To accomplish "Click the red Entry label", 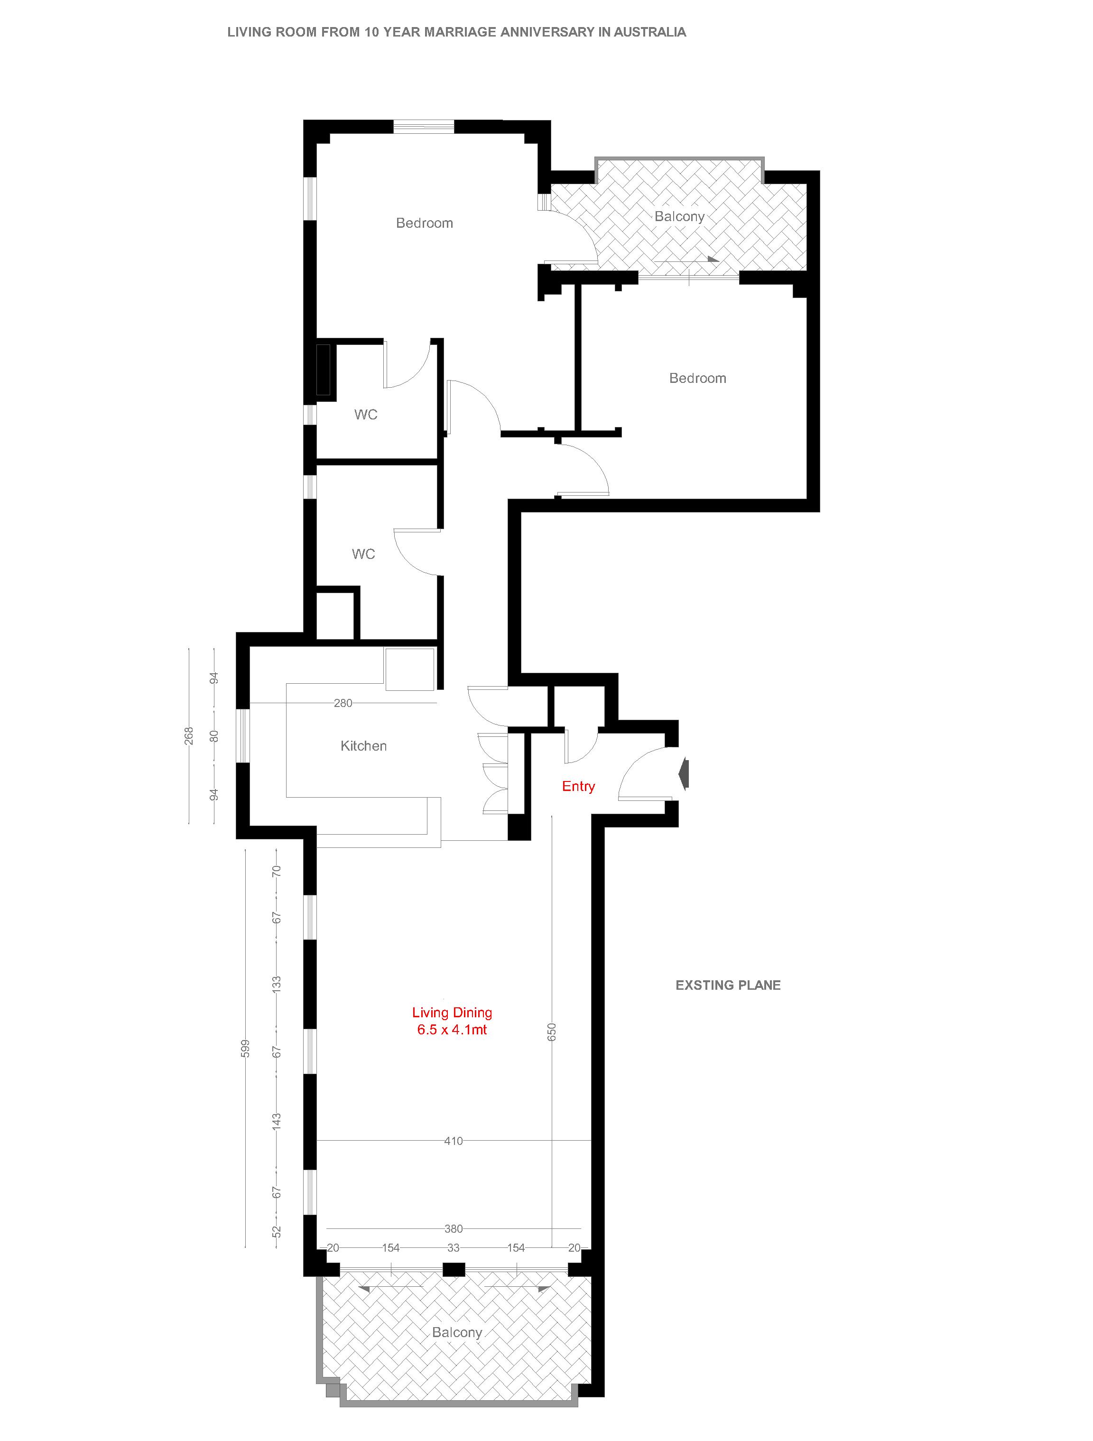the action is (578, 786).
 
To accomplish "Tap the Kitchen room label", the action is (363, 746).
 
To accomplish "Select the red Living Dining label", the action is (452, 1013).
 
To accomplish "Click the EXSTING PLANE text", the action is (728, 985).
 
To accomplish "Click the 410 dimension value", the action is (454, 1141).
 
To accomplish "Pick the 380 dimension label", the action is (454, 1228).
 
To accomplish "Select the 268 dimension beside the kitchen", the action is (189, 736).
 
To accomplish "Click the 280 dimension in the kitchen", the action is (343, 703).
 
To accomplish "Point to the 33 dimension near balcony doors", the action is (454, 1247).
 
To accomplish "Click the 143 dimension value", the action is (276, 1121).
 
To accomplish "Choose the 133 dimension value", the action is (276, 984).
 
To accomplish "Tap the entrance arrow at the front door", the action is (683, 774).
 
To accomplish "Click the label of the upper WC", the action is (366, 414).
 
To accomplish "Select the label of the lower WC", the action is (363, 554).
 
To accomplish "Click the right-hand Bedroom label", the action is (698, 379).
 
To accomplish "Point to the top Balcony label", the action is (679, 216).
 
